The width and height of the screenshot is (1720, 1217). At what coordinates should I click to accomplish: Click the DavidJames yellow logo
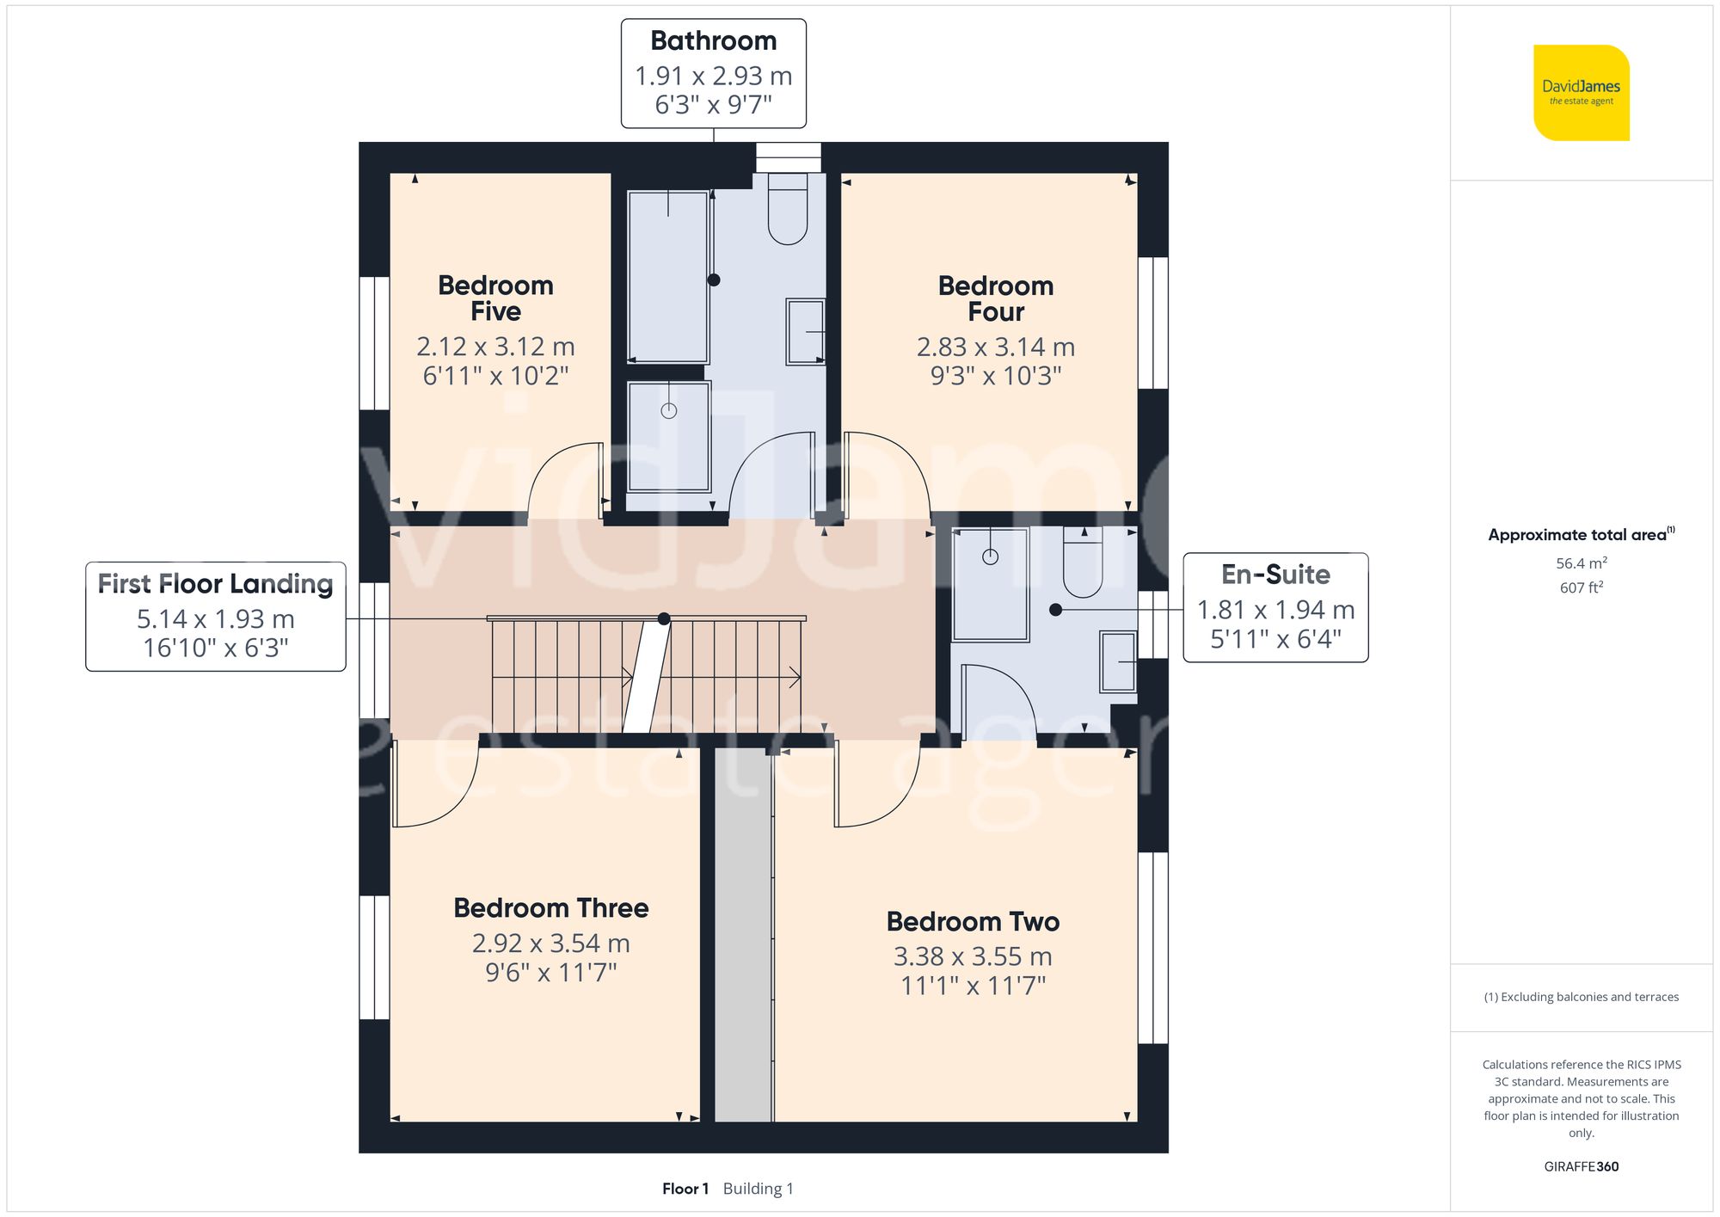click(1582, 93)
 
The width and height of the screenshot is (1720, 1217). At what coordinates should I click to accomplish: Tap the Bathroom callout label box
click(714, 74)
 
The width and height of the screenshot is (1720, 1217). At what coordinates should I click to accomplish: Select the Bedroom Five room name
click(495, 298)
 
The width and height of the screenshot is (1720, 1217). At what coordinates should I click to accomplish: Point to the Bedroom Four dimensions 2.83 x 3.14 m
click(996, 347)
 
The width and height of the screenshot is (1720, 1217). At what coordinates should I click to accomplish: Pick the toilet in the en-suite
click(1083, 562)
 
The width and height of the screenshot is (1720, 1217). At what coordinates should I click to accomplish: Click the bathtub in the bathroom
click(668, 277)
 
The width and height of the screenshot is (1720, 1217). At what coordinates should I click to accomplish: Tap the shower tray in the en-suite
click(991, 584)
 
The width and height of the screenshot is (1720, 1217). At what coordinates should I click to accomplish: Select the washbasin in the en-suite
click(1119, 661)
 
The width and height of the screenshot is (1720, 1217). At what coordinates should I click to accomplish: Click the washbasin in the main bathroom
click(806, 332)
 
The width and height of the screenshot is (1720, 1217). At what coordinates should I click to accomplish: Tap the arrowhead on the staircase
click(795, 678)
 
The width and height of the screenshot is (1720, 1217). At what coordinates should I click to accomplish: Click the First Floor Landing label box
click(216, 617)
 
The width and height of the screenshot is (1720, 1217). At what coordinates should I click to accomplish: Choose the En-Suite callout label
click(1276, 607)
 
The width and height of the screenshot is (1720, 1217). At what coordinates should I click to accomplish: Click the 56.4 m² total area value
click(1582, 563)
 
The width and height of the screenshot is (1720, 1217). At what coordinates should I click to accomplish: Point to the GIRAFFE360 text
click(1582, 1167)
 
